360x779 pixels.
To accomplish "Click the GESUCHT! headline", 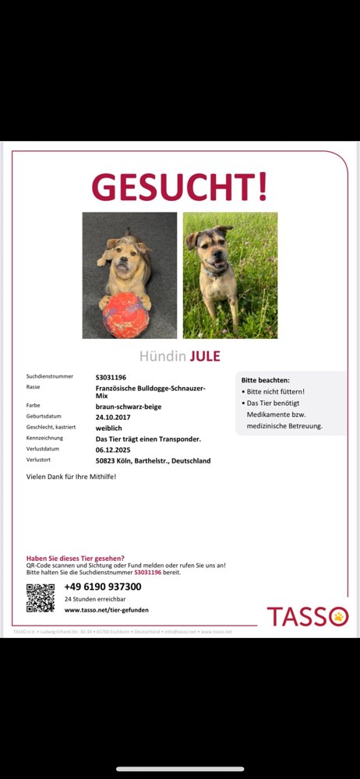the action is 179,187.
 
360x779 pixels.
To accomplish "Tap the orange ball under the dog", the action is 124,315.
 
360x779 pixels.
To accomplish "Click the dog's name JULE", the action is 206,357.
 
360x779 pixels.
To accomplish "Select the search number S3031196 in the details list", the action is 111,377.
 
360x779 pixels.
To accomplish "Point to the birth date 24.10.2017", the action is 113,416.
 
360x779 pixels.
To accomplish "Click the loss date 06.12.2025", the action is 113,449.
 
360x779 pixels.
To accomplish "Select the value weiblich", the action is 110,427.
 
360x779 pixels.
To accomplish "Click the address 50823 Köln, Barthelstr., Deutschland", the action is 153,460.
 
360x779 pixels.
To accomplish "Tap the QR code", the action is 41,597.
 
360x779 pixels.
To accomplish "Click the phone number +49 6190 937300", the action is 103,587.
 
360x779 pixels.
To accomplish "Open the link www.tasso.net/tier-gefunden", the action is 106,610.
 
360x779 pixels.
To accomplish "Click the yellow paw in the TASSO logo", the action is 340,617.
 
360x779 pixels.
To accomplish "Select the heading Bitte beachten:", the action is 265,380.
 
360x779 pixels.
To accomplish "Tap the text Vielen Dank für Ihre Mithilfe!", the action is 71,476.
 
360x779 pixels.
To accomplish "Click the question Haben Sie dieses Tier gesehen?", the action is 75,559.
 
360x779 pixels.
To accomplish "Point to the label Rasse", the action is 33,387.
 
